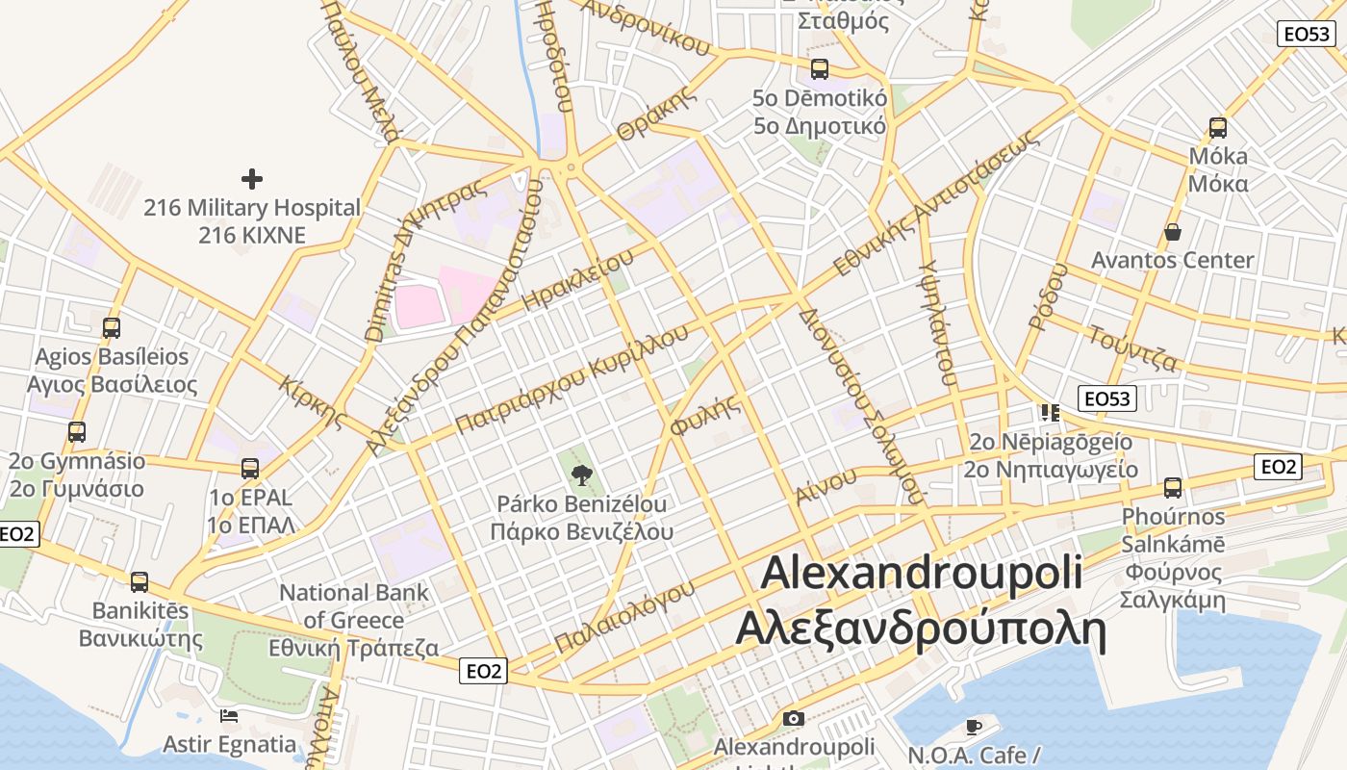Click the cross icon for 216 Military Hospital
tap(252, 179)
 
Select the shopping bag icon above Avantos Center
tap(1172, 232)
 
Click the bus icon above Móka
tap(1217, 127)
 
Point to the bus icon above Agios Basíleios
tap(112, 327)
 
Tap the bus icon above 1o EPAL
tap(250, 469)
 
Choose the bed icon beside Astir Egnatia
tap(229, 716)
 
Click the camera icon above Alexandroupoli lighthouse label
tap(793, 718)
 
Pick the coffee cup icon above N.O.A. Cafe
tap(973, 727)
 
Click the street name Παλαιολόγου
tap(624, 617)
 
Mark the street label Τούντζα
tap(1132, 348)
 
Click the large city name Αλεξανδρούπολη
tap(921, 630)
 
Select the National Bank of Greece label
tap(354, 620)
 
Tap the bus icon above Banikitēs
tap(140, 582)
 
